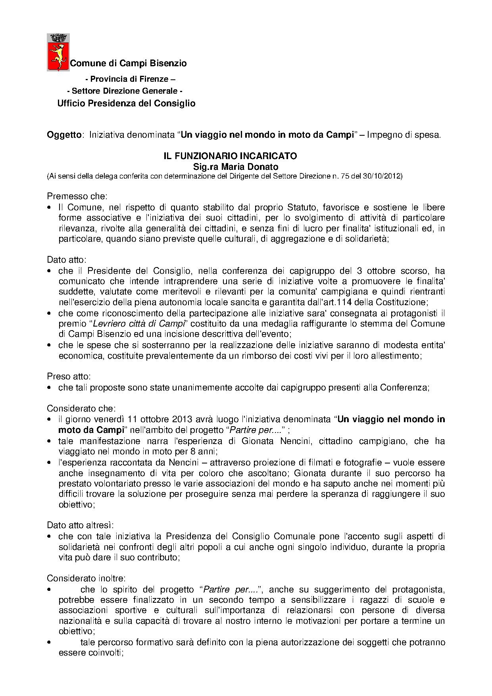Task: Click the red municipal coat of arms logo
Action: [58, 52]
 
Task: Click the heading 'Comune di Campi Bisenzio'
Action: [128, 63]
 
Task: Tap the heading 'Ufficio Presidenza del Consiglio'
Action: [126, 104]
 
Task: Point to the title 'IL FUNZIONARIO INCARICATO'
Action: [230, 156]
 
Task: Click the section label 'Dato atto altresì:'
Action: [81, 525]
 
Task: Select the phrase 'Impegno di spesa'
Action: [403, 135]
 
